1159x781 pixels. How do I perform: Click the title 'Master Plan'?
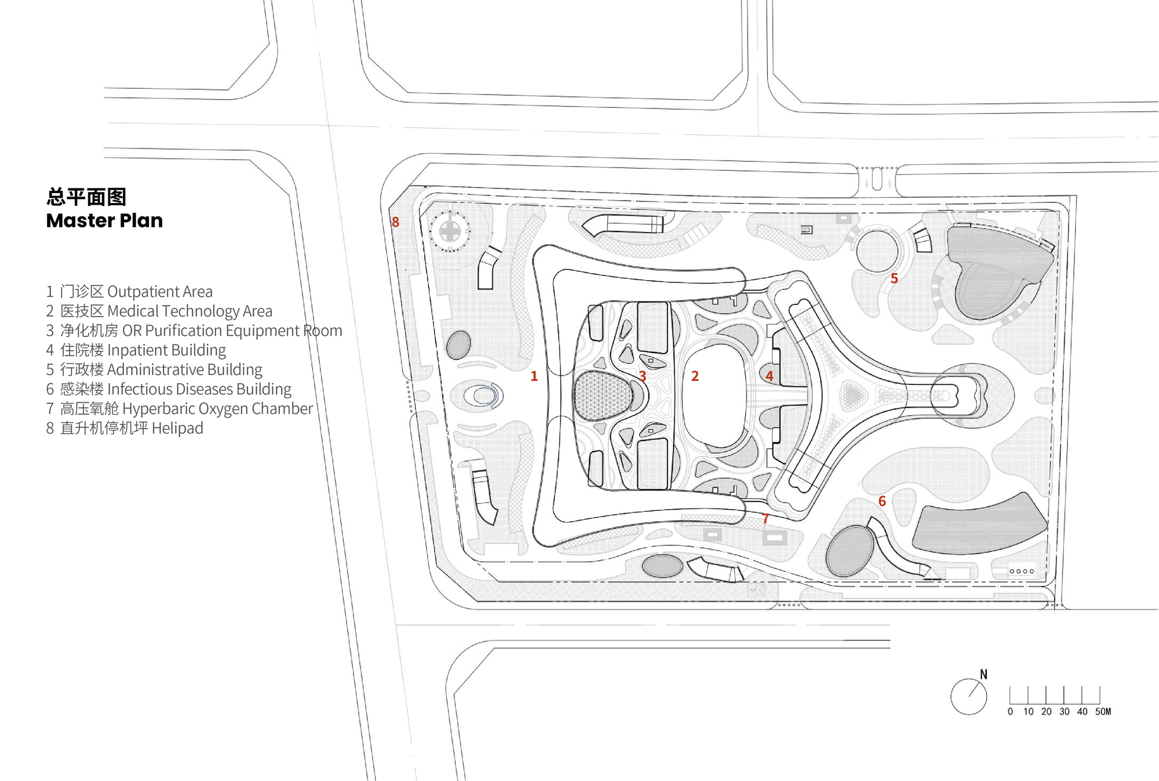(x=104, y=221)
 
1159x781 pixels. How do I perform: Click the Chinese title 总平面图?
(x=86, y=197)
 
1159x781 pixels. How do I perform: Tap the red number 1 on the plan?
(x=534, y=376)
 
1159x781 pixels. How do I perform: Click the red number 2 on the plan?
(x=695, y=376)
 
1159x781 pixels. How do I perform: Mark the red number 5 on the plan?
(x=894, y=279)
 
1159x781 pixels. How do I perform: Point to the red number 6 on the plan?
(x=882, y=501)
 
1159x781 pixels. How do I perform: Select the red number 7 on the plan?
(x=766, y=518)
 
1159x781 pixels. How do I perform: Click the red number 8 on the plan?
(x=395, y=222)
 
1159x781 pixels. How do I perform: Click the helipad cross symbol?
(x=450, y=231)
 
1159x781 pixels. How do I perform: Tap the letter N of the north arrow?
(x=983, y=674)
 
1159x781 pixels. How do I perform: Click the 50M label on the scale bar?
(x=1103, y=711)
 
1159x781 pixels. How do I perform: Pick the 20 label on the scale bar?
(x=1046, y=711)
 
